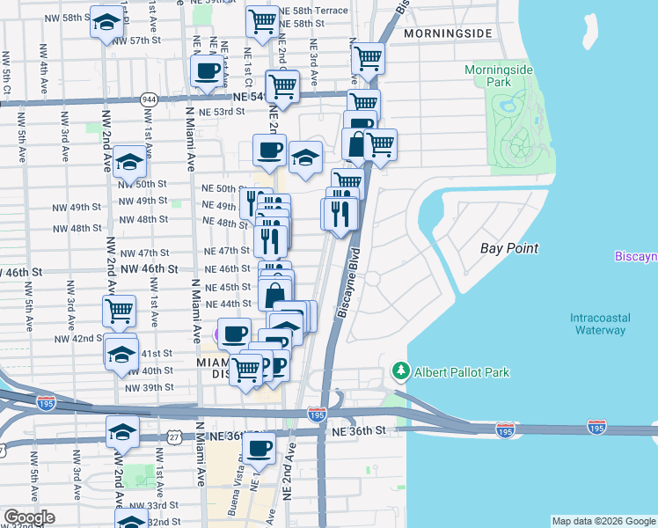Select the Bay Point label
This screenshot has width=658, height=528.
coord(509,248)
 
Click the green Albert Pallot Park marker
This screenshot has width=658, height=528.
coord(401,371)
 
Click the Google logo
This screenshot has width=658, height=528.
coord(28,517)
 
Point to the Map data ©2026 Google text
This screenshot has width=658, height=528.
coord(603,521)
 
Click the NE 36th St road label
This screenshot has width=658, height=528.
coord(357,430)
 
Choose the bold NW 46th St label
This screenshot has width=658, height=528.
coord(150,269)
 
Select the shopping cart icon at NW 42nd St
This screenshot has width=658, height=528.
coord(119,310)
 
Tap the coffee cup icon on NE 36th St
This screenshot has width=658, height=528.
coord(259,448)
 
